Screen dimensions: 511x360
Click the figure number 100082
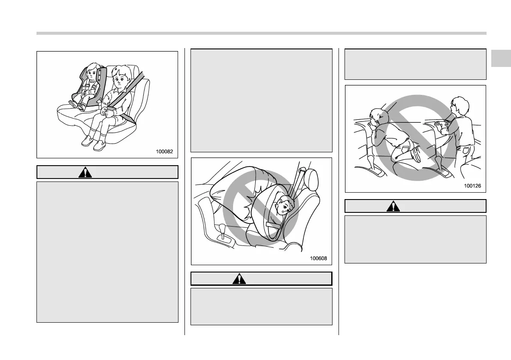point(164,151)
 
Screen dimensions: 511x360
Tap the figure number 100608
point(318,258)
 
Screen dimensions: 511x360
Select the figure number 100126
point(472,186)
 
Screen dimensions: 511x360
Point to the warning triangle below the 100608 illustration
point(237,279)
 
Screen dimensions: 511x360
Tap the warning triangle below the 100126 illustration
point(392,206)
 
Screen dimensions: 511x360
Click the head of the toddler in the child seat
point(92,73)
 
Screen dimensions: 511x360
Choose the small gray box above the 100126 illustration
point(415,64)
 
